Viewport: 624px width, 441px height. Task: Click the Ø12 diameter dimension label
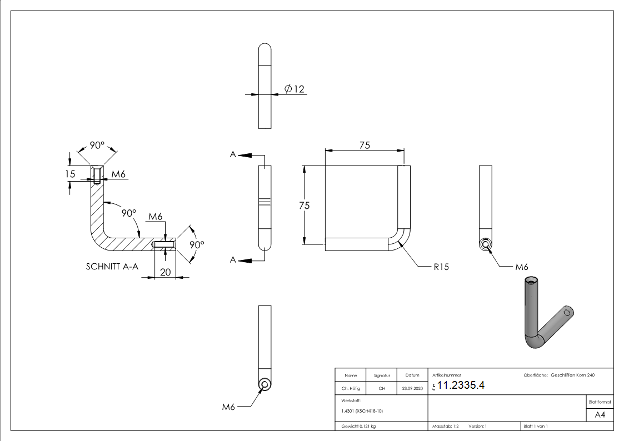pyautogui.click(x=294, y=89)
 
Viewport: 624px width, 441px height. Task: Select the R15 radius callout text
pyautogui.click(x=441, y=267)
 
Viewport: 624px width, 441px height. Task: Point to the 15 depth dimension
pyautogui.click(x=70, y=174)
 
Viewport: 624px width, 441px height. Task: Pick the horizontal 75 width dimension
pyautogui.click(x=365, y=145)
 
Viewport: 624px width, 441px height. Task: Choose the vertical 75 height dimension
pyautogui.click(x=304, y=205)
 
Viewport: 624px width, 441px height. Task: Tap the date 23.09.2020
pyautogui.click(x=412, y=389)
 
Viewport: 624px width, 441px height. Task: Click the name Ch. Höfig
pyautogui.click(x=351, y=389)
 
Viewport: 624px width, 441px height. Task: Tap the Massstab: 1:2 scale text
pyautogui.click(x=446, y=426)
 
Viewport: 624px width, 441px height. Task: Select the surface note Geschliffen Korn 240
pyautogui.click(x=572, y=375)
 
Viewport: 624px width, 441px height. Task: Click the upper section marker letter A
pyautogui.click(x=233, y=155)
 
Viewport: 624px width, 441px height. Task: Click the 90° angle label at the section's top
pyautogui.click(x=97, y=145)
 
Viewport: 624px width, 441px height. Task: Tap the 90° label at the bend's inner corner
pyautogui.click(x=129, y=213)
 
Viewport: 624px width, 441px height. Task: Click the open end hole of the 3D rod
pyautogui.click(x=532, y=280)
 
